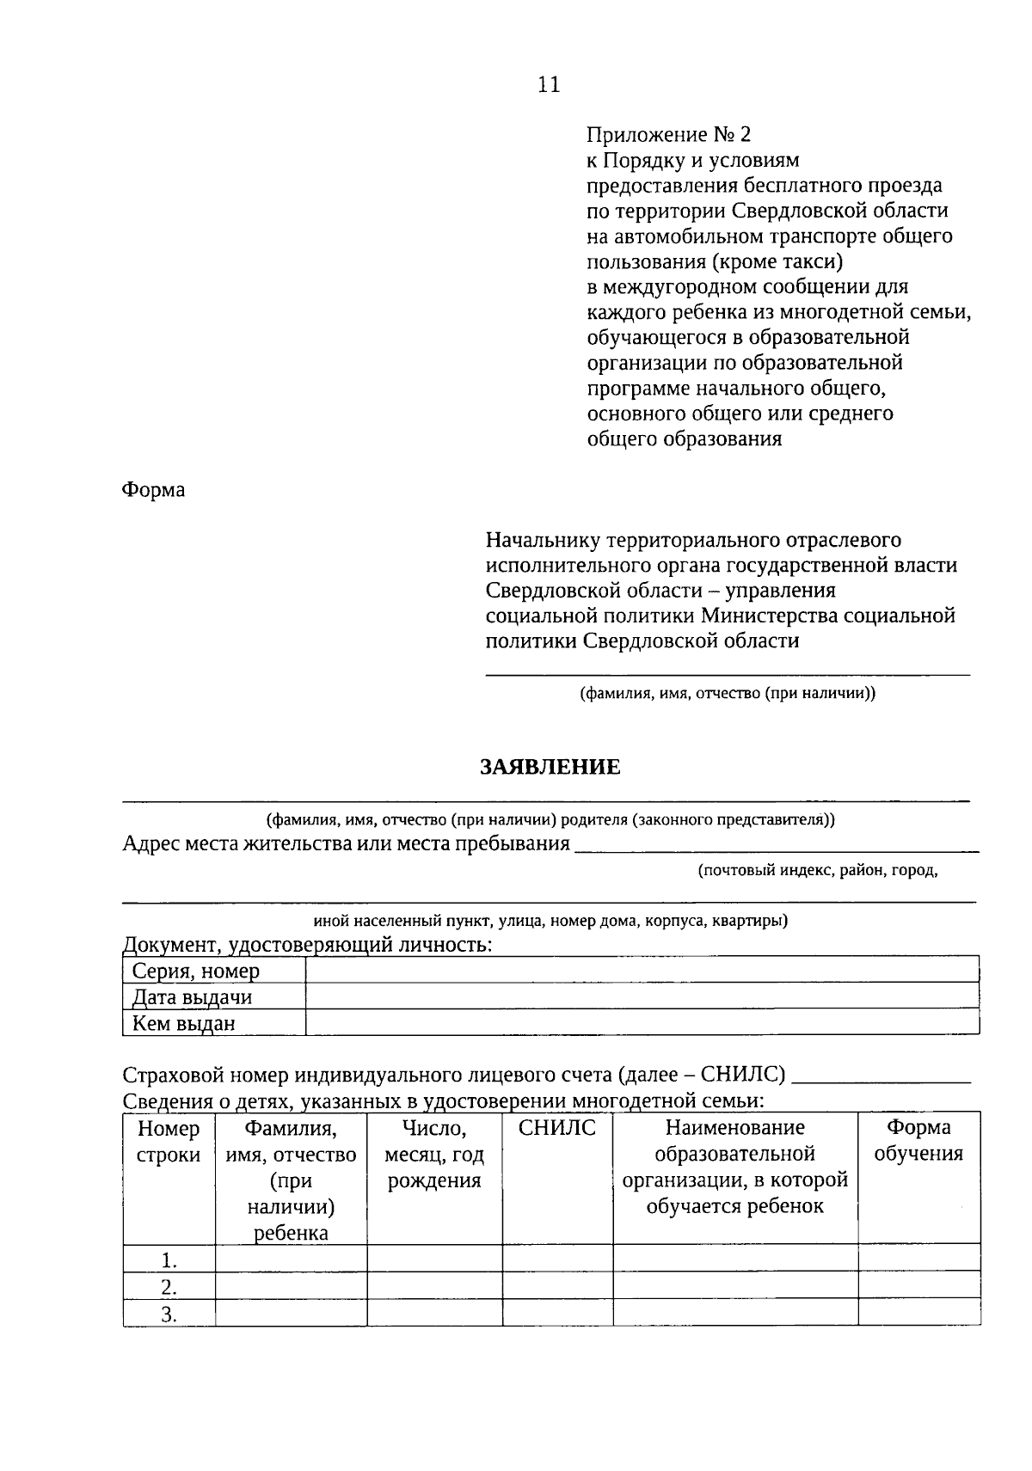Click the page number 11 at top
pos(549,84)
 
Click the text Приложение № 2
pos(668,135)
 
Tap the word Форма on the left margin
pos(153,490)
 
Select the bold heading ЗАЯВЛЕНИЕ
pos(550,767)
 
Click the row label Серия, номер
pos(195,971)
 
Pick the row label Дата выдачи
pos(192,997)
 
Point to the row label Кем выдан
pos(183,1023)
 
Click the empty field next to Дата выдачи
pos(642,996)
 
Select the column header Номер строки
pos(169,1142)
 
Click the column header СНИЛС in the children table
pos(557,1128)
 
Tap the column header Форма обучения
pos(918,1140)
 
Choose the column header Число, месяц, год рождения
pos(434,1154)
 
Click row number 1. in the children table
pos(169,1261)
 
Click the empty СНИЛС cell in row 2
pos(557,1286)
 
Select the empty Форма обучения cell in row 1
pos(918,1259)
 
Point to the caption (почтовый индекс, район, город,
pos(818,870)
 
